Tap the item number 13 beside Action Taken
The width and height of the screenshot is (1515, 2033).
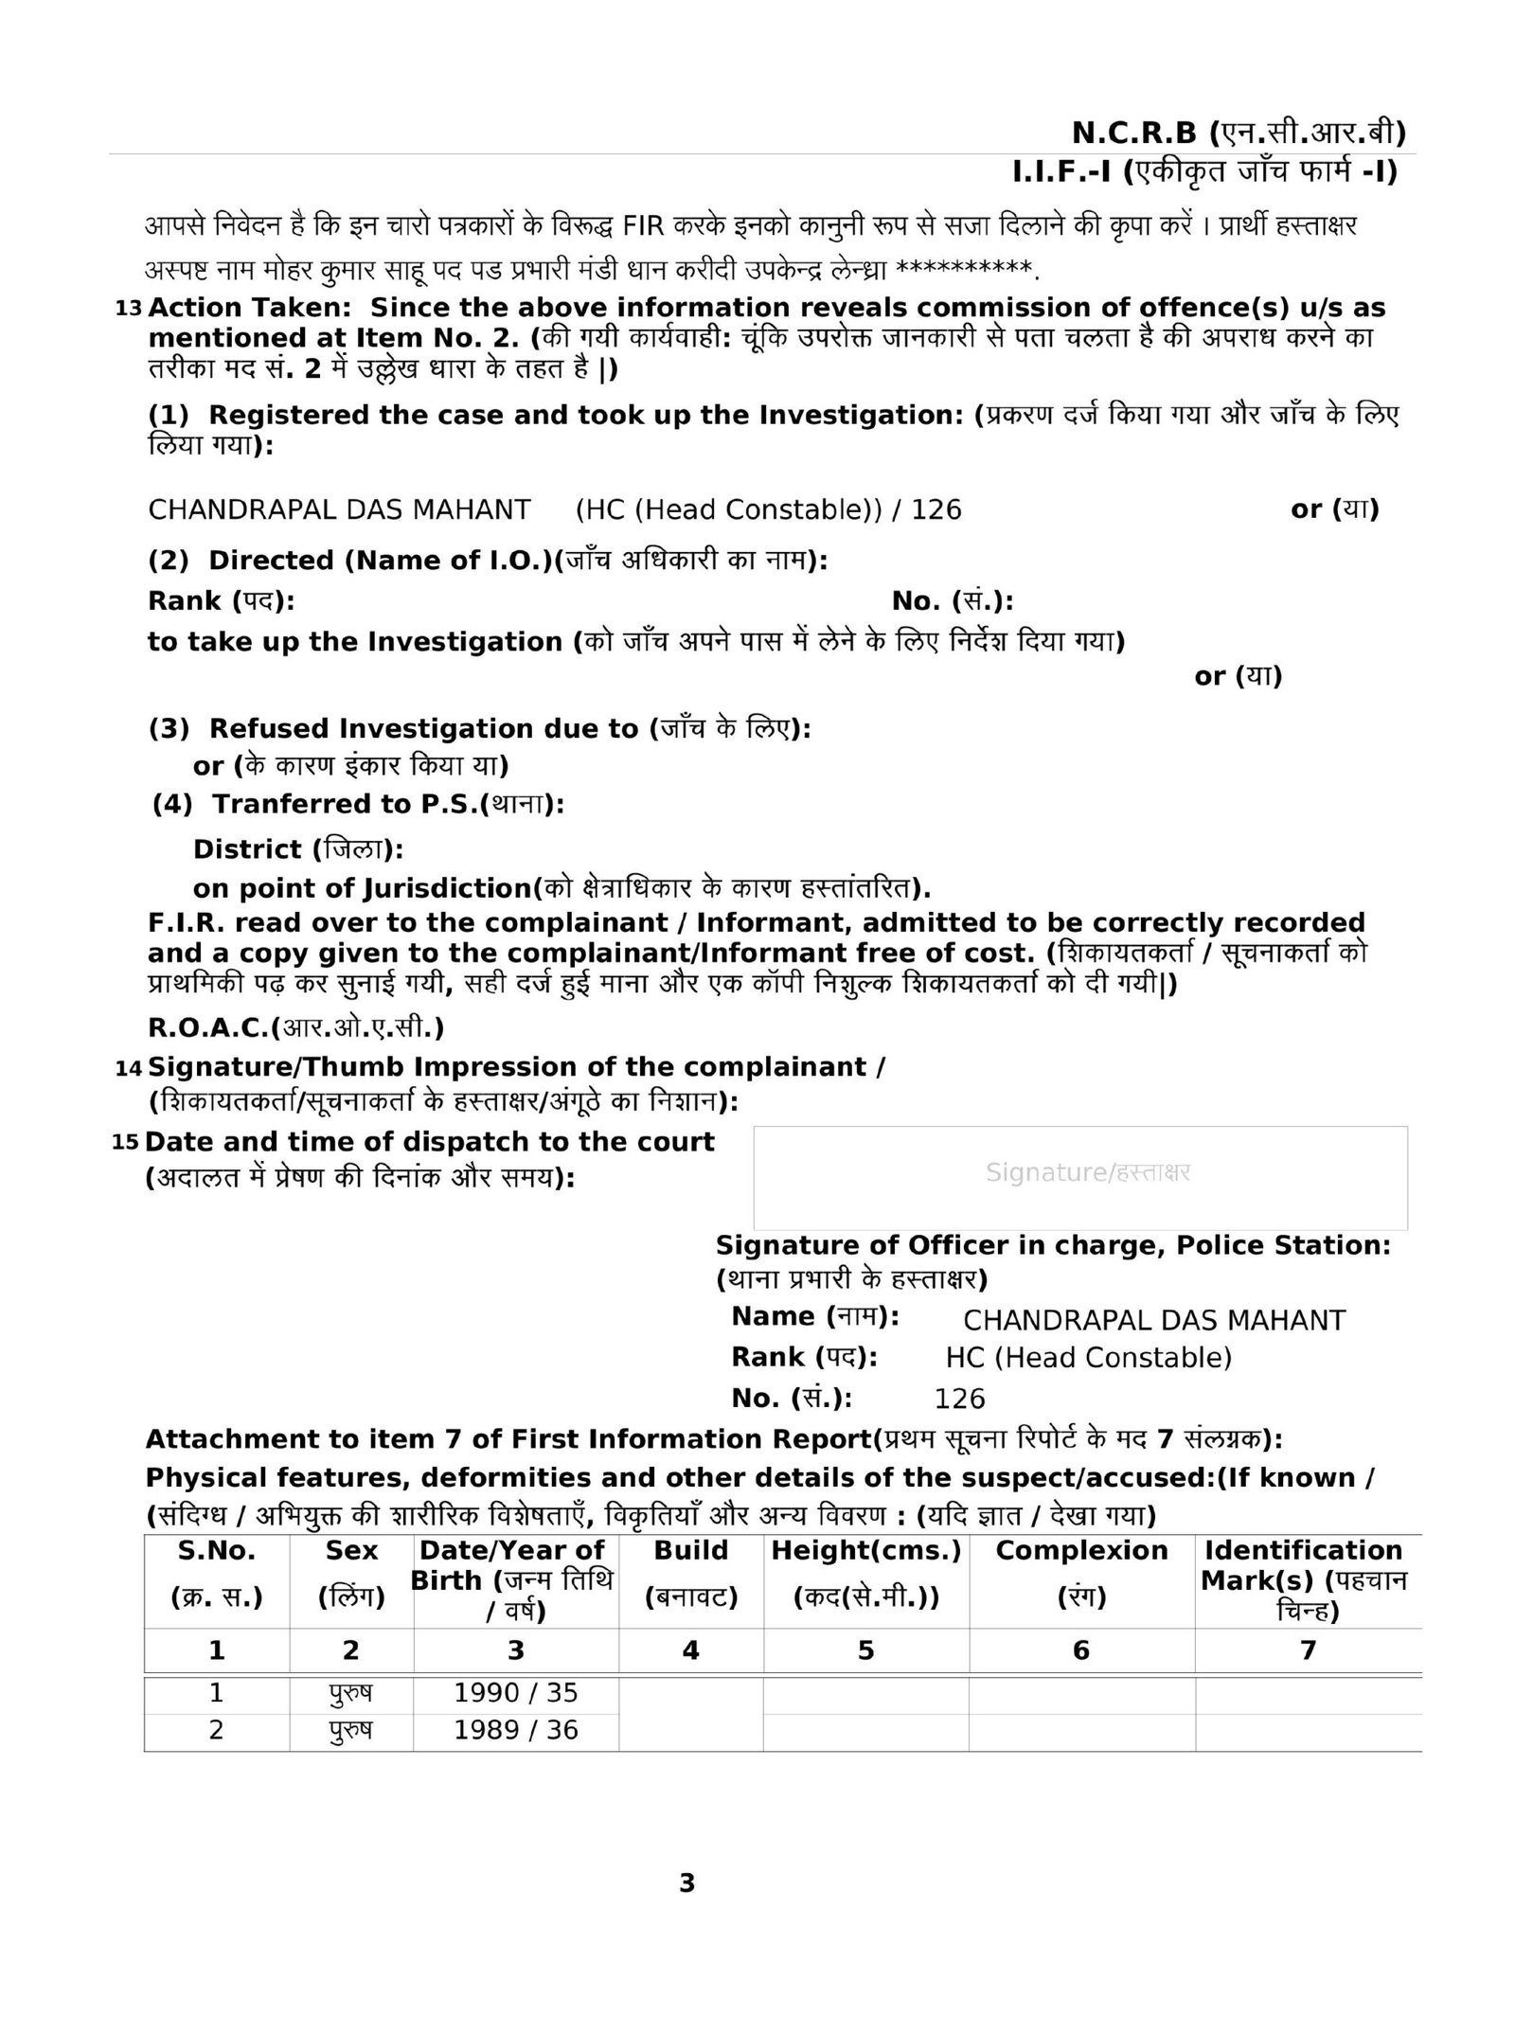(x=128, y=309)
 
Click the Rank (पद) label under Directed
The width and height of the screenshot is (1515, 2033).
(x=221, y=601)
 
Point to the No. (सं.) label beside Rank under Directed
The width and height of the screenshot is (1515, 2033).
(x=952, y=601)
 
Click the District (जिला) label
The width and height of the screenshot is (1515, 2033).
(x=297, y=849)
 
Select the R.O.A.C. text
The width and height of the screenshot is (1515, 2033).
(x=295, y=1027)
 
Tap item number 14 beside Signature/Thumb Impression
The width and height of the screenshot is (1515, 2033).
(x=128, y=1068)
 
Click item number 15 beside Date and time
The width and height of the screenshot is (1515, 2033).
(x=125, y=1142)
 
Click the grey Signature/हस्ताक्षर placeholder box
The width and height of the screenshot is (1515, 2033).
(x=1079, y=1177)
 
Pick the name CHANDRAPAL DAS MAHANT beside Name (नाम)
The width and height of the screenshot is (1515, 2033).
(x=1153, y=1320)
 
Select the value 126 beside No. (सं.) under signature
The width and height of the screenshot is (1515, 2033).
(x=959, y=1399)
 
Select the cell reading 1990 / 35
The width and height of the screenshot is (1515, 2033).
(x=515, y=1693)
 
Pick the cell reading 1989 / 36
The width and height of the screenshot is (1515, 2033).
(x=515, y=1730)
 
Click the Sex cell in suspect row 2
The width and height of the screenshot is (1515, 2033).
(x=350, y=1730)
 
